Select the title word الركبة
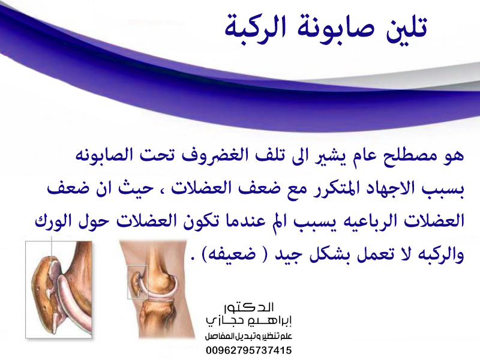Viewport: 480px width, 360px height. (x=256, y=28)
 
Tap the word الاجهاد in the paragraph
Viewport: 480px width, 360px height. (x=387, y=188)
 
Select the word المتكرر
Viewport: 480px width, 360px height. (x=333, y=189)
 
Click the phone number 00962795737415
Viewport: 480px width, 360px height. (x=249, y=350)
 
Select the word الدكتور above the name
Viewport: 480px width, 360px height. (x=248, y=307)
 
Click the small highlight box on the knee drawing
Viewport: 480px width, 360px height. (x=137, y=282)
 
